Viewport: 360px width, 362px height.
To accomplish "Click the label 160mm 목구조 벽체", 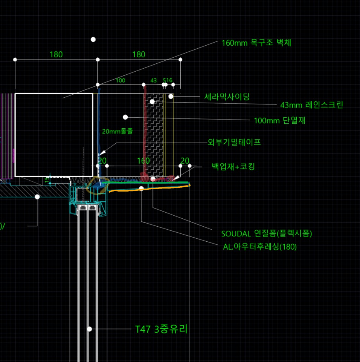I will (256, 43).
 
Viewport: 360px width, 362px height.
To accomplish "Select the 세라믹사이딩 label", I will (227, 97).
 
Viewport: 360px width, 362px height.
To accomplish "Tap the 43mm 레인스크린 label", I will (311, 105).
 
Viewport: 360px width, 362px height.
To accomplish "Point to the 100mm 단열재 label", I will (279, 121).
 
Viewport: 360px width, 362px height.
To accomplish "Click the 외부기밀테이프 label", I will (234, 143).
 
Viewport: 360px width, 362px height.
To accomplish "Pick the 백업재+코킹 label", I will (233, 166).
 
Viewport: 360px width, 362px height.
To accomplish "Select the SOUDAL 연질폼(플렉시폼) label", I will (266, 233).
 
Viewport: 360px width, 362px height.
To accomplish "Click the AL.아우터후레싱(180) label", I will (260, 247).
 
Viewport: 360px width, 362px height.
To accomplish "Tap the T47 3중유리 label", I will (161, 329).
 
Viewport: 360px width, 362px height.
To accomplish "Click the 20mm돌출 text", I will (117, 131).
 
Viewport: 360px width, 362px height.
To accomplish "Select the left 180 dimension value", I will (56, 54).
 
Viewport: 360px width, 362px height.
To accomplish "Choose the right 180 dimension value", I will (139, 54).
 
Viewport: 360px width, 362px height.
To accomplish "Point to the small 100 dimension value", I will (120, 80).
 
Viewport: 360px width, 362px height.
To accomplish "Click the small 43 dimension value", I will (154, 80).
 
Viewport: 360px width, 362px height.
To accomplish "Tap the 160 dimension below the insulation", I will (143, 161).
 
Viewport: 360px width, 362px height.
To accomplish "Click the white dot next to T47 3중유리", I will (90, 329).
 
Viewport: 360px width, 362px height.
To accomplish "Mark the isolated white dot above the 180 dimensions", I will (93, 40).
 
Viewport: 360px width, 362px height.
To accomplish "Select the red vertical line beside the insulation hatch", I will (145, 128).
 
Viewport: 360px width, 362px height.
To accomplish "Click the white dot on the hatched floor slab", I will (37, 196).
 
